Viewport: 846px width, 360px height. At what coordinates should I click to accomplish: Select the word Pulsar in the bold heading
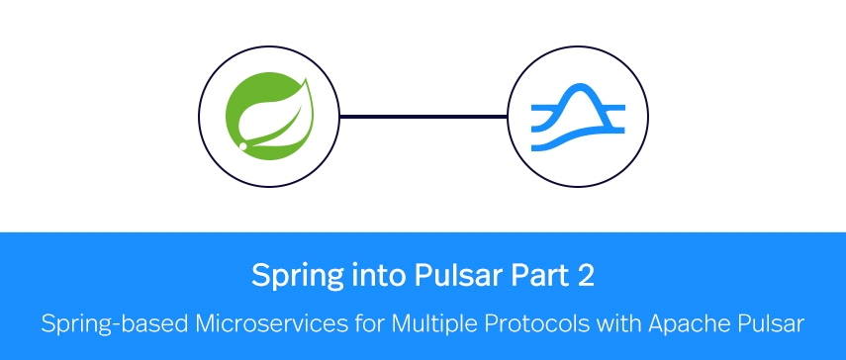[x=420, y=274]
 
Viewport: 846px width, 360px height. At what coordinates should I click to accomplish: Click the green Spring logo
[x=268, y=116]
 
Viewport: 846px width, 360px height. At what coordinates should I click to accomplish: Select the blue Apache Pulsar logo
[x=577, y=117]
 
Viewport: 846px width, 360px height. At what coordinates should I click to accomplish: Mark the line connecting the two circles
[x=423, y=117]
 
